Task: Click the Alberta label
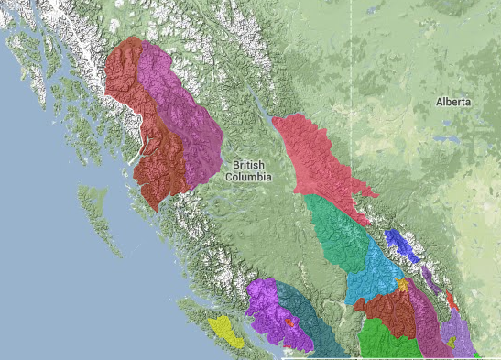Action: [453, 102]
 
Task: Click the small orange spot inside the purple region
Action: [289, 322]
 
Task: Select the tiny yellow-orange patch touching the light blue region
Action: [403, 286]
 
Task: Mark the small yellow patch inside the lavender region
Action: [451, 342]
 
